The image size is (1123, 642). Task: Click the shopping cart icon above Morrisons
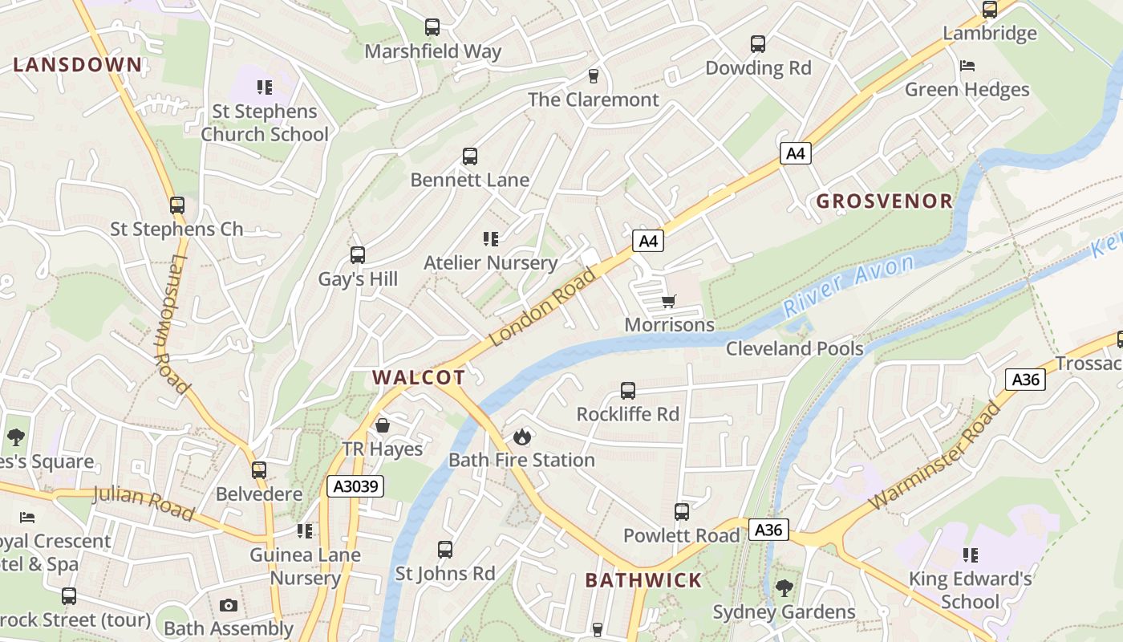pyautogui.click(x=668, y=302)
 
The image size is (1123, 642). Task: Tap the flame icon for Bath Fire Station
pyautogui.click(x=522, y=437)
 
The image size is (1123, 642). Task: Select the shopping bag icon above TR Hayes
pyautogui.click(x=383, y=425)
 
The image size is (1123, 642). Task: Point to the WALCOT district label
pyautogui.click(x=419, y=378)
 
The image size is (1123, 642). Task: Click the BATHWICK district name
pyautogui.click(x=643, y=580)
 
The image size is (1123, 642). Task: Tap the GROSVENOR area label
pyautogui.click(x=885, y=201)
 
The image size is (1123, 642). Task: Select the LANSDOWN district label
pyautogui.click(x=77, y=65)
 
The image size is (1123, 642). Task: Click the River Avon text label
pyautogui.click(x=849, y=285)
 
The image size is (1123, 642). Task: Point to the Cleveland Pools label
pyautogui.click(x=794, y=348)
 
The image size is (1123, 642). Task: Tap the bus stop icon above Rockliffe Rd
pyautogui.click(x=628, y=391)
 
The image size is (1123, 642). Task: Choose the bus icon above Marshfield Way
pyautogui.click(x=432, y=27)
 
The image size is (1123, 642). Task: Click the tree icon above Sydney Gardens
pyautogui.click(x=784, y=588)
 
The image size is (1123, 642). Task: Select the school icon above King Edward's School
pyautogui.click(x=971, y=555)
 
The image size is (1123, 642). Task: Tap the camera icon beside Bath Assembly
pyautogui.click(x=229, y=605)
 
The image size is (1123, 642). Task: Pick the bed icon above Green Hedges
pyautogui.click(x=967, y=65)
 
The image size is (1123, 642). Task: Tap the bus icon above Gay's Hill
pyautogui.click(x=358, y=255)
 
